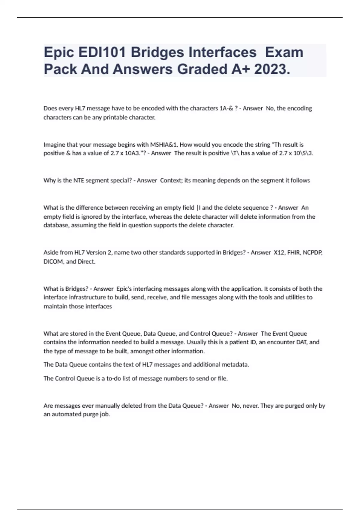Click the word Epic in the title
[58, 53]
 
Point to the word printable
[115, 117]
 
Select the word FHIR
[294, 253]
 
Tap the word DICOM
[53, 262]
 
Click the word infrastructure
[87, 297]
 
